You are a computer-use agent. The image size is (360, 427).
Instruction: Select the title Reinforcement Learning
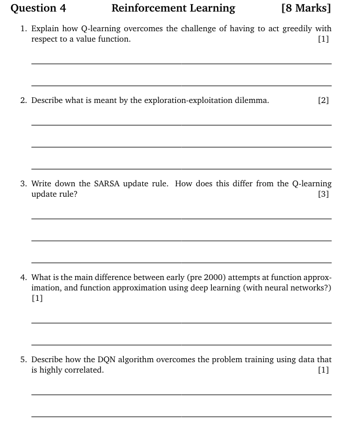(x=173, y=8)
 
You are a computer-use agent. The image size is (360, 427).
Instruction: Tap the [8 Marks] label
(x=306, y=8)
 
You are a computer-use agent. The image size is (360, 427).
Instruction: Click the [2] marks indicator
(x=324, y=100)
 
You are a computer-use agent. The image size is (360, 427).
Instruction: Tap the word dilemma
(x=251, y=100)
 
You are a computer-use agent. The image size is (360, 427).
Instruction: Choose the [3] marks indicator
(x=324, y=194)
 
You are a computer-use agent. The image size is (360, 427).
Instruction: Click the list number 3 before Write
(x=23, y=183)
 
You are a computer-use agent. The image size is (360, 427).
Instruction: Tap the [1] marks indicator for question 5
(x=324, y=370)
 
